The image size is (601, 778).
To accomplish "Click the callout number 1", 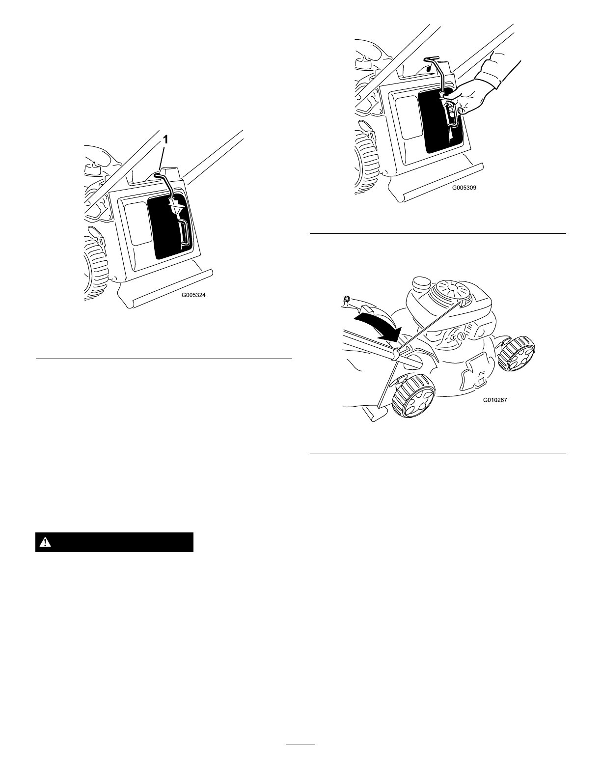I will coord(166,140).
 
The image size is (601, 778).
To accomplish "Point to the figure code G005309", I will coord(464,187).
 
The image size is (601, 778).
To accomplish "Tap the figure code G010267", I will coord(495,400).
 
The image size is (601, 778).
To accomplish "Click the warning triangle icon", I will coord(45,542).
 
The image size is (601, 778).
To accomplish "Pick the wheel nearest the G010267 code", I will coord(517,354).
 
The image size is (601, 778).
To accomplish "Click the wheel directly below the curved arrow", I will coord(414,396).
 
